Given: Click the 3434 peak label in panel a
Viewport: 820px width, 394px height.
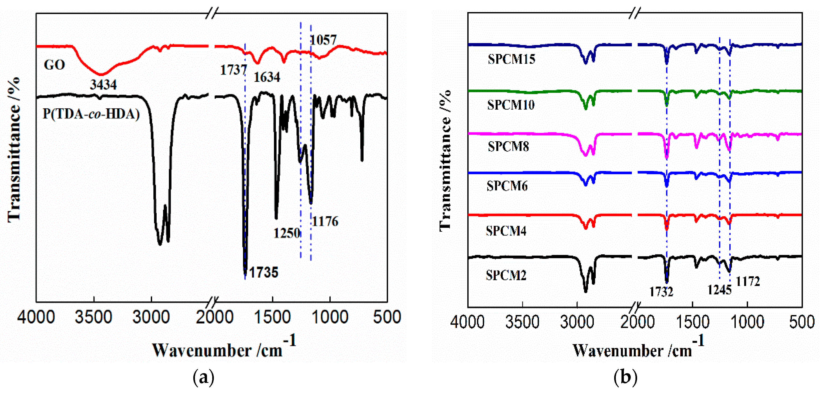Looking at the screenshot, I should tap(103, 85).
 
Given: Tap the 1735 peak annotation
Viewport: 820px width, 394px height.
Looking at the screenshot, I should tap(264, 273).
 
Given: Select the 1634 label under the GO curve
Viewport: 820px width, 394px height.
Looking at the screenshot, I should tap(267, 77).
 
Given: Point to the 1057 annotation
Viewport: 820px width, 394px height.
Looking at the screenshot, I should tap(323, 40).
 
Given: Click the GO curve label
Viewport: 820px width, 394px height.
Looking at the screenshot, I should tap(54, 65).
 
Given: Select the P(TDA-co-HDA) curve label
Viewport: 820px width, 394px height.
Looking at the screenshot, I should tap(91, 114).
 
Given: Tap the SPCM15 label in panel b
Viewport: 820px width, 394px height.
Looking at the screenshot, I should tap(511, 59).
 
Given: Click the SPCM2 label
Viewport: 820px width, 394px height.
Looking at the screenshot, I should tap(506, 275).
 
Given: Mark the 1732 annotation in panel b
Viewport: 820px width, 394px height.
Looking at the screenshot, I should tap(661, 292).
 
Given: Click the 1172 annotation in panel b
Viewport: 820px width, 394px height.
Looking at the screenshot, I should tap(748, 282).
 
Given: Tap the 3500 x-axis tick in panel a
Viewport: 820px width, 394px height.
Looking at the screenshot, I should tap(94, 318).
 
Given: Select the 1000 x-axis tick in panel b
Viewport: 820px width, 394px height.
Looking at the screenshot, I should tap(747, 322).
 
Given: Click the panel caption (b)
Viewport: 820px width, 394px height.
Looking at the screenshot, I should tap(625, 377).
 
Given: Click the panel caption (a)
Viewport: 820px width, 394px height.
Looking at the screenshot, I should tap(203, 377).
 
